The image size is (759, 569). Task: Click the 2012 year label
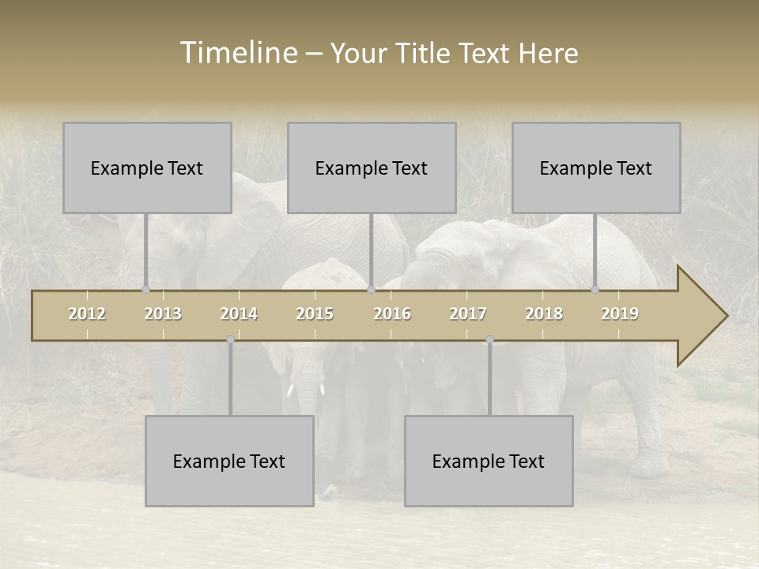pyautogui.click(x=87, y=314)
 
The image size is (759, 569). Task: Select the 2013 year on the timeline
pyautogui.click(x=163, y=314)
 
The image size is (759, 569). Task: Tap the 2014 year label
pyautogui.click(x=239, y=314)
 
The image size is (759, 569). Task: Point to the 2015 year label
pyautogui.click(x=315, y=314)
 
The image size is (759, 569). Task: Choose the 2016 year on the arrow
pyautogui.click(x=392, y=314)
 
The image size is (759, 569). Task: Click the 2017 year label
pyautogui.click(x=468, y=314)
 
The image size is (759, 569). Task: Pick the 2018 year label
pyautogui.click(x=544, y=314)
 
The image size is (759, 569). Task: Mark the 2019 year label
pyautogui.click(x=620, y=314)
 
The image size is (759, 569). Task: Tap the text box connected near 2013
pyautogui.click(x=147, y=168)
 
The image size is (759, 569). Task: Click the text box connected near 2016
pyautogui.click(x=372, y=168)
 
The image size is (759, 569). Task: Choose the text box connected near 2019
pyautogui.click(x=596, y=168)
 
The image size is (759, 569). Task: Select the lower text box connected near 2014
pyautogui.click(x=229, y=461)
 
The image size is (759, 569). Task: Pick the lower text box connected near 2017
pyautogui.click(x=489, y=461)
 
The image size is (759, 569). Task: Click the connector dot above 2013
pyautogui.click(x=145, y=289)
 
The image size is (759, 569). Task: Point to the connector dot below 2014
pyautogui.click(x=230, y=340)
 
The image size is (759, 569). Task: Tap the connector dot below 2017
pyautogui.click(x=489, y=340)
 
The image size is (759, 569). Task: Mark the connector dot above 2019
pyautogui.click(x=595, y=289)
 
